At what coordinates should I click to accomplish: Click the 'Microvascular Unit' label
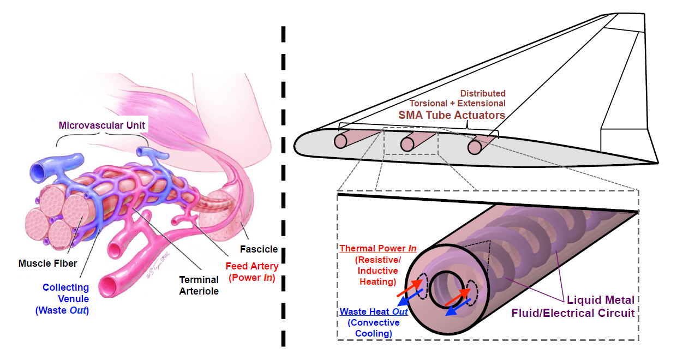coord(103,125)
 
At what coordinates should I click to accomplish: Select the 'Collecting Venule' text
coord(66,287)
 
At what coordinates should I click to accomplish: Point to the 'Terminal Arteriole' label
coord(199,285)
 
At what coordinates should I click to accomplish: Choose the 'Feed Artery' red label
coord(251,266)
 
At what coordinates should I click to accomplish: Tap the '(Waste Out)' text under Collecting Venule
coord(62,310)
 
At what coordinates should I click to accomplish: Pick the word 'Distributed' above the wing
coord(482,93)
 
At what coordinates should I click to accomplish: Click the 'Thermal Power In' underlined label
coord(378,248)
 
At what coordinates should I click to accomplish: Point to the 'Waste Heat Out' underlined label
coord(374,312)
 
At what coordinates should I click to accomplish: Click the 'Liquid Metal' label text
coord(600,300)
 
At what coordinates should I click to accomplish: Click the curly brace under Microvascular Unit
coord(102,139)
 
